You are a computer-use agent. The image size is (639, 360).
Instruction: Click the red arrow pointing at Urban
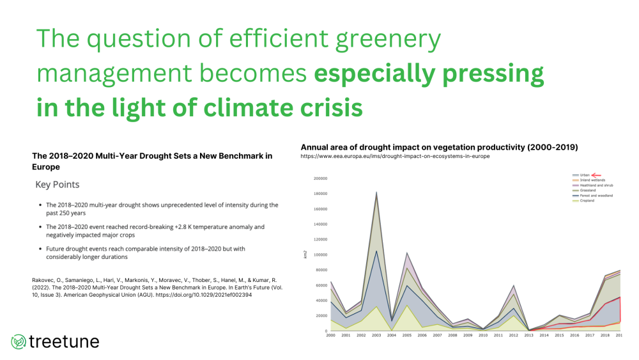coord(597,174)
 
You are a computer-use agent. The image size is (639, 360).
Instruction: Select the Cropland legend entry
coord(587,201)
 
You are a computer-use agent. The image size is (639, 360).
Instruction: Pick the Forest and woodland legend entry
coord(594,195)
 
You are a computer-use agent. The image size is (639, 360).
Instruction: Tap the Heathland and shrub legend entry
coord(594,185)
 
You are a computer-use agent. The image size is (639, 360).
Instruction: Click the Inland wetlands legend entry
coord(589,179)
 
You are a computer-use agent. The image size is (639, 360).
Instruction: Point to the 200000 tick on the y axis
coord(319,178)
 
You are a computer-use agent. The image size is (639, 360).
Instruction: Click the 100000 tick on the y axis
coord(319,254)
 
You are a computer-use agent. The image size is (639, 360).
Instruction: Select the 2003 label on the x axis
coord(376,335)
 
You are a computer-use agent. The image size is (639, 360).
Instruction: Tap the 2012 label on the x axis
coord(512,335)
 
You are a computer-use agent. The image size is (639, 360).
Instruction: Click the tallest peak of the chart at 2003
coord(376,192)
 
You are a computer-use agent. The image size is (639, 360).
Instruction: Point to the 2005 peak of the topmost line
coord(406,253)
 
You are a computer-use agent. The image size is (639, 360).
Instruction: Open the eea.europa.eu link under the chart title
coord(395,157)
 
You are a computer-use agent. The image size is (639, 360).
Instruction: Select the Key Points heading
coord(58,184)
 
